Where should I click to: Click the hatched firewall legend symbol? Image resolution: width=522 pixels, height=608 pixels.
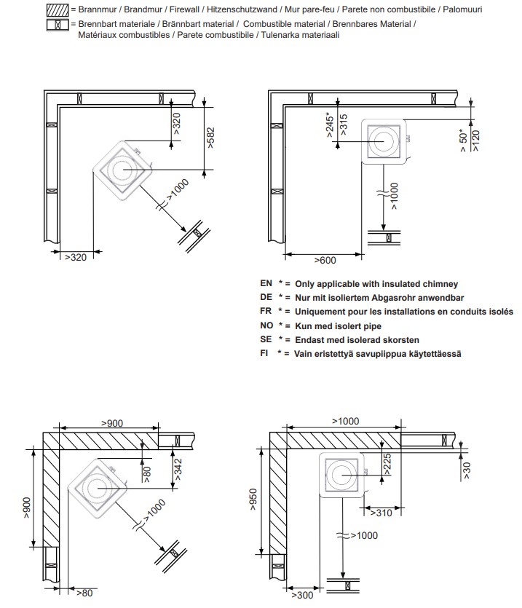[58, 9]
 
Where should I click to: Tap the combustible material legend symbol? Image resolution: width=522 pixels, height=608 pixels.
[58, 25]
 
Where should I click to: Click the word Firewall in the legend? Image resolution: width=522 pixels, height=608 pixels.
[184, 9]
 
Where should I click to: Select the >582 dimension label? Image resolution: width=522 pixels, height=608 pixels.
[210, 138]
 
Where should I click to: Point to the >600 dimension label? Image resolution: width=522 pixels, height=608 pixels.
[325, 260]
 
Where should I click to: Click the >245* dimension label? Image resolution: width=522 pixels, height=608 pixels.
[330, 125]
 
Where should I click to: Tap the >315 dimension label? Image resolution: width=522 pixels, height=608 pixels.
[344, 125]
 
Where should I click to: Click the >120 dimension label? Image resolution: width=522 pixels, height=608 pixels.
[476, 141]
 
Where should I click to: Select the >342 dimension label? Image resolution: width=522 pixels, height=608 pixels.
[178, 470]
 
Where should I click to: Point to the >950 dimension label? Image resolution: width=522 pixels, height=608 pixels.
[253, 500]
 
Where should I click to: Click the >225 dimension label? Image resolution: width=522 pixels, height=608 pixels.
[387, 464]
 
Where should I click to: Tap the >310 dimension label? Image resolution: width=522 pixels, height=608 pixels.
[381, 513]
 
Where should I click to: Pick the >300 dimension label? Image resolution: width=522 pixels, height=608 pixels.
[302, 595]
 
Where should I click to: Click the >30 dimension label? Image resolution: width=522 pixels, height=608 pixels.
[467, 470]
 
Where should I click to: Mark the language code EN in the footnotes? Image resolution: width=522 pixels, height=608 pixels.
[266, 283]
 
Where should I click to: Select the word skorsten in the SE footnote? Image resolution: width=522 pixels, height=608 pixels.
[401, 340]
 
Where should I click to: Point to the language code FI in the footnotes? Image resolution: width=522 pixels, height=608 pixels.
[264, 353]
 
